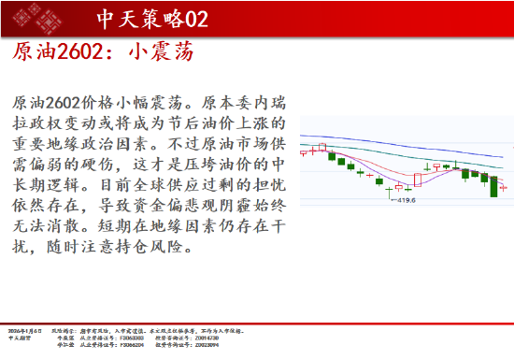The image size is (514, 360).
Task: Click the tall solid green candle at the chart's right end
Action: [493, 185]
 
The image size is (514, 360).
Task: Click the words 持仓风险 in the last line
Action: [158, 248]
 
